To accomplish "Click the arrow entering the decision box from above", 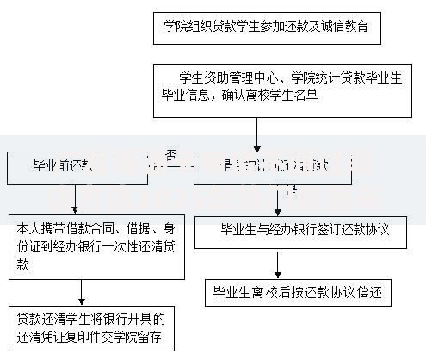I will [x=256, y=138].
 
